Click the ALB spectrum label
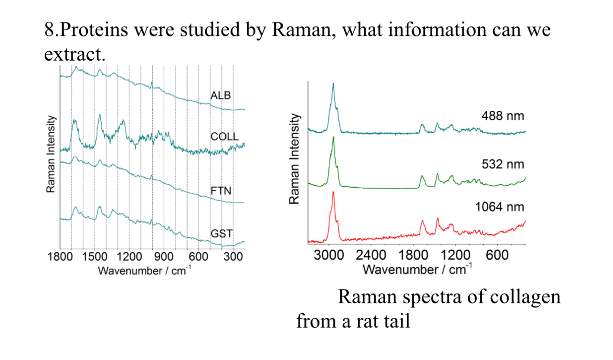point(220,95)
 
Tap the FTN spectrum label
point(221,191)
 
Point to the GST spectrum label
point(221,233)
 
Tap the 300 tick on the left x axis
point(233,256)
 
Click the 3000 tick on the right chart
point(329,255)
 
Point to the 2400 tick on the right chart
point(371,255)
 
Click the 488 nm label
point(503,116)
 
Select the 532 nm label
point(503,165)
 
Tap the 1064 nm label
point(500,207)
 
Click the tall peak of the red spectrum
point(333,193)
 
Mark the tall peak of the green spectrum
point(333,138)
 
